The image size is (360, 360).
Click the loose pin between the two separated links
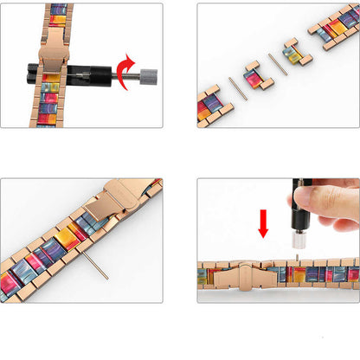pos(278,64)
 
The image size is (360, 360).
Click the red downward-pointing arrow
pos(263,222)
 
